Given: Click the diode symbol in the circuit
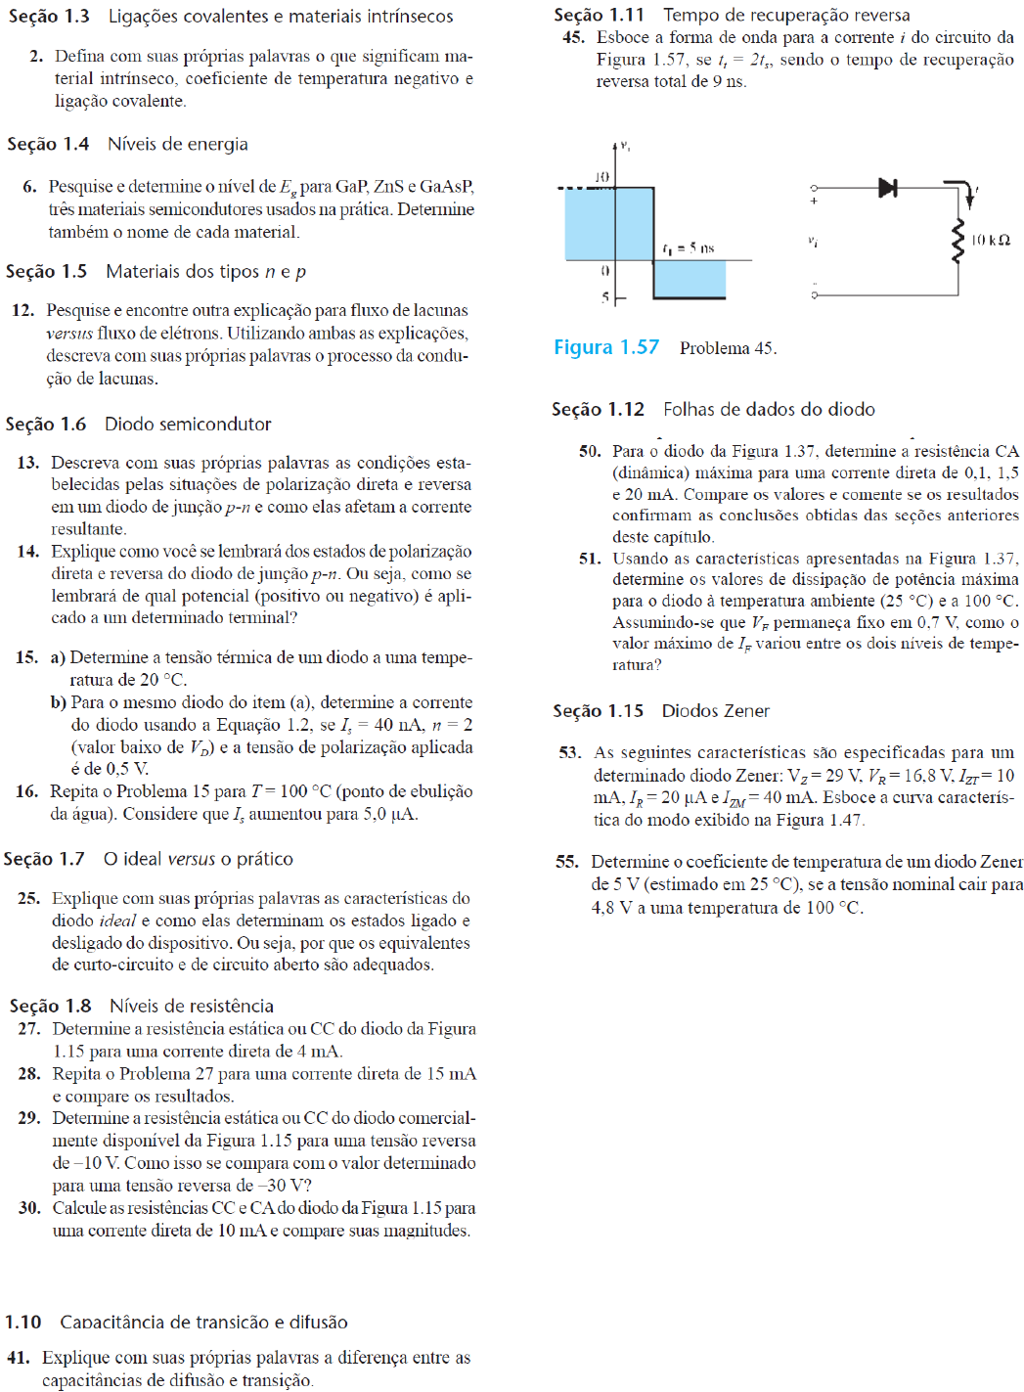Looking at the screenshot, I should (887, 187).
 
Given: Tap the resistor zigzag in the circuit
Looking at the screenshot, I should (958, 241).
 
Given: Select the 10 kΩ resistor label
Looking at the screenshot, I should (990, 240).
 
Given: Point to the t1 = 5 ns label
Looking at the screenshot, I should (689, 248).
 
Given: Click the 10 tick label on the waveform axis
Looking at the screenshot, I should (601, 177).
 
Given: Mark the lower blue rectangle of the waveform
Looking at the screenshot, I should (690, 279).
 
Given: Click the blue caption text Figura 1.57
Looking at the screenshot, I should (606, 347).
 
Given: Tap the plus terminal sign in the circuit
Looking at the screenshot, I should (814, 202).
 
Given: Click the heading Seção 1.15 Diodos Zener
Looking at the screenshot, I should (661, 711).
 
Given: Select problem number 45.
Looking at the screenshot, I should (573, 37).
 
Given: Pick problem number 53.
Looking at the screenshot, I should (569, 752).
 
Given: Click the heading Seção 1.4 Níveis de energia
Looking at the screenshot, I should (127, 144).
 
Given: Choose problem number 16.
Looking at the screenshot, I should (26, 791).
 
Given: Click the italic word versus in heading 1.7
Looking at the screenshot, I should (191, 859).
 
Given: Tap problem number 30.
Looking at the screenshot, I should (28, 1208).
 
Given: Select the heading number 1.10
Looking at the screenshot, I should (22, 1322).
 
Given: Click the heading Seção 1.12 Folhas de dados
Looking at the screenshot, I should (713, 409).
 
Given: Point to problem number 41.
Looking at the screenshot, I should (18, 1358).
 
